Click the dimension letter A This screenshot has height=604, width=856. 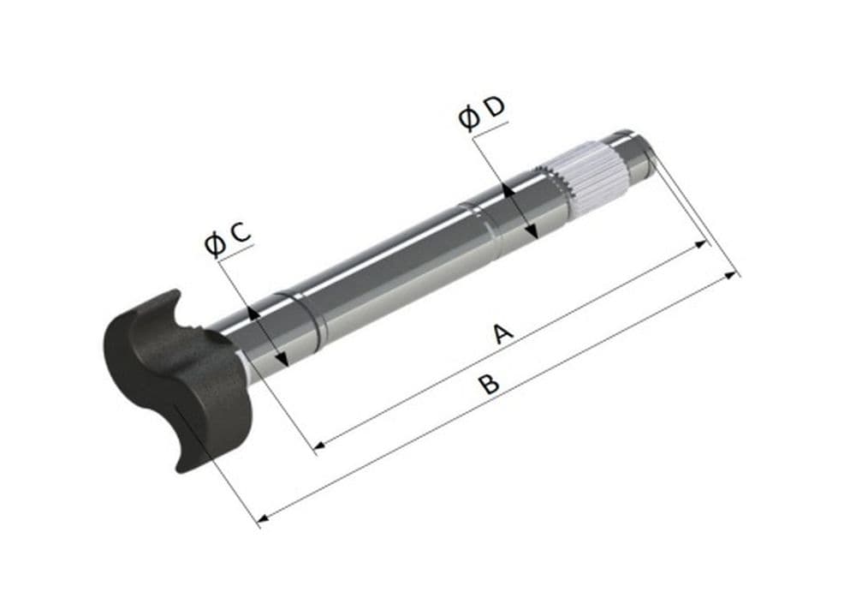click(x=502, y=333)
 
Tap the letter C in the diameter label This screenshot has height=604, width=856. click(x=241, y=233)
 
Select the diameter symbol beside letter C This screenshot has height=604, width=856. click(x=215, y=244)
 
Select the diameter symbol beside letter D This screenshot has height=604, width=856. click(x=469, y=118)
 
